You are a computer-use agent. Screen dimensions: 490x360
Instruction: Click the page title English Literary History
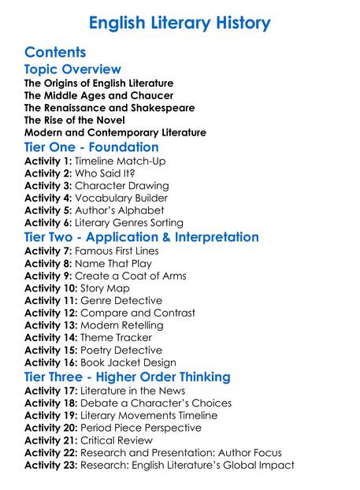click(x=180, y=23)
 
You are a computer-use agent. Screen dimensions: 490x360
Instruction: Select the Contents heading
click(x=55, y=53)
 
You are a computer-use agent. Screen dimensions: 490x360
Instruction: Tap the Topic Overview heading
click(x=72, y=70)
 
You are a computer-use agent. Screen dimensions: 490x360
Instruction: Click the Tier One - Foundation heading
click(x=91, y=147)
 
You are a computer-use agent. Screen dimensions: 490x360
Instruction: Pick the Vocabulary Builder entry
click(x=121, y=199)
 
